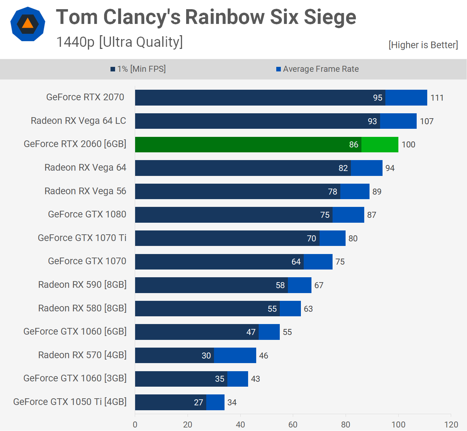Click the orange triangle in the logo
point(27,24)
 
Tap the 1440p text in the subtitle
point(75,42)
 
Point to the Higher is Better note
point(423,45)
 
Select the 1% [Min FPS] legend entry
point(138,69)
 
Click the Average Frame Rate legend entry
point(317,69)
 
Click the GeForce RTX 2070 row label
point(85,97)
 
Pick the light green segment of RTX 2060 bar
point(380,145)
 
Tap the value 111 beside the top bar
point(437,98)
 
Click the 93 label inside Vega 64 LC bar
point(372,121)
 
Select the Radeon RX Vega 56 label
point(85,191)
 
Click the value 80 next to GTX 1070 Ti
point(353,239)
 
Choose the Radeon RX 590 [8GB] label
point(82,285)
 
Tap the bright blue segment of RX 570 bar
point(235,355)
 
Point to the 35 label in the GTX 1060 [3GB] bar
point(220,379)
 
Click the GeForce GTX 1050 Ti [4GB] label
point(70,402)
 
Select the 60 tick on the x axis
point(293,425)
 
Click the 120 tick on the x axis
point(451,425)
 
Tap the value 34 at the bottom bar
point(232,403)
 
